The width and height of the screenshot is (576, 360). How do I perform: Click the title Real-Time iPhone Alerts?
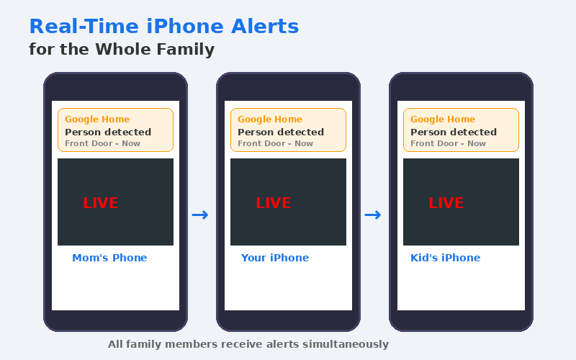163,27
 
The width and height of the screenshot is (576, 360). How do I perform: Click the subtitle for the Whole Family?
122,50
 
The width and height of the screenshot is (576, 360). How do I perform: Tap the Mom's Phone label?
109,258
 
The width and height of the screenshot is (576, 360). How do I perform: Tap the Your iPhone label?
274,258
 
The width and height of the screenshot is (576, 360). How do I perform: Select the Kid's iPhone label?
445,258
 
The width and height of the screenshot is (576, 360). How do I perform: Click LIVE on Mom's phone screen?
100,203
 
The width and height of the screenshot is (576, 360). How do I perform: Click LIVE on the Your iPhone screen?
273,203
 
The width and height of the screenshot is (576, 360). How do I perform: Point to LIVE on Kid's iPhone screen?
446,203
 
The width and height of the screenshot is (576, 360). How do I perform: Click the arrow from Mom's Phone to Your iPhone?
200,215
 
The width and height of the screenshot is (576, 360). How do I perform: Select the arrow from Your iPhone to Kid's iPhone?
373,215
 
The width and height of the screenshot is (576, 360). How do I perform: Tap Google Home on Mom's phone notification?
97,120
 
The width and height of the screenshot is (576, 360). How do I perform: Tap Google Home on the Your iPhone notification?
270,120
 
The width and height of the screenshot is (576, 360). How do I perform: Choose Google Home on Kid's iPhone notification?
443,120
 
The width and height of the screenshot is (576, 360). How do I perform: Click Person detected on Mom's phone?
108,132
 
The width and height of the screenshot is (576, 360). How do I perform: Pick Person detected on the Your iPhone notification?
281,132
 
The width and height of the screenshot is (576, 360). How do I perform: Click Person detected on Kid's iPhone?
454,132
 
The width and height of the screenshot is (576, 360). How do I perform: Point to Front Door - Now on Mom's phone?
102,144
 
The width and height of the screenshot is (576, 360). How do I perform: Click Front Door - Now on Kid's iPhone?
448,144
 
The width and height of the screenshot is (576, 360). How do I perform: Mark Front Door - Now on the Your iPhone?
275,144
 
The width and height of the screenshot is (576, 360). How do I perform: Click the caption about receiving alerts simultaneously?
248,344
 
